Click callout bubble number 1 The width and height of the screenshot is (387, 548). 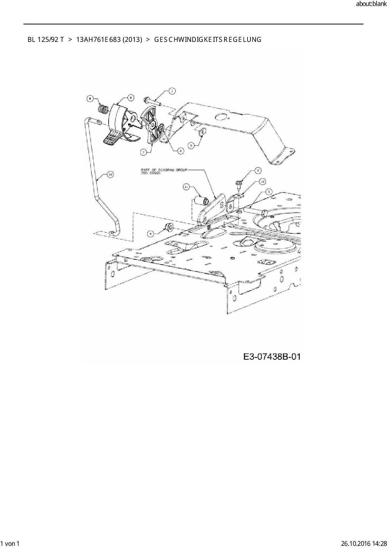click(171, 91)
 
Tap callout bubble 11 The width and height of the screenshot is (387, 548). click(186, 187)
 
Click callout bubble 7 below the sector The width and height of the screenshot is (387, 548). click(143, 152)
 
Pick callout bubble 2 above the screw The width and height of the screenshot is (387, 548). click(258, 171)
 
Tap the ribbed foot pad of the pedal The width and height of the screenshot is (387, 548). click(111, 138)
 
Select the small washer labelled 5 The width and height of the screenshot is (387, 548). click(202, 132)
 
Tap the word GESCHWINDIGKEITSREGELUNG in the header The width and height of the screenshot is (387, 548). click(208, 40)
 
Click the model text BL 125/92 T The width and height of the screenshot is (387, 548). click(46, 40)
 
